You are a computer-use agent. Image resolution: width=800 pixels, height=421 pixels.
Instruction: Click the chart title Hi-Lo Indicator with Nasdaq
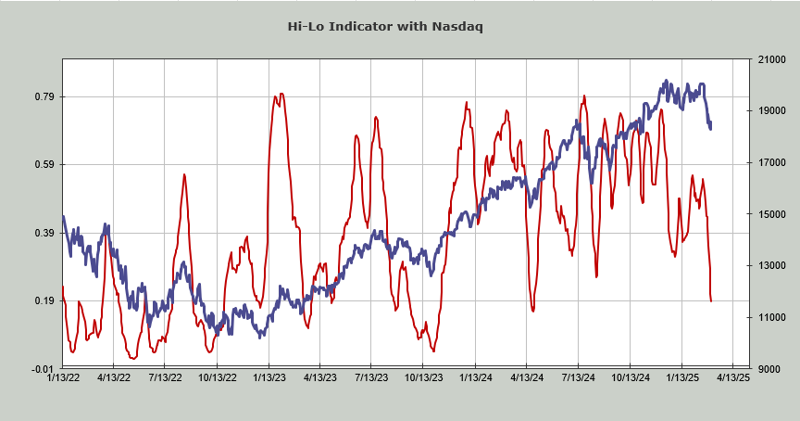tap(385, 26)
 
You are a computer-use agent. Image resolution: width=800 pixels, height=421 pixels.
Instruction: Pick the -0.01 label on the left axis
tap(44, 369)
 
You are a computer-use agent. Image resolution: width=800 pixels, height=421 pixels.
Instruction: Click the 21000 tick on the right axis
tap(772, 59)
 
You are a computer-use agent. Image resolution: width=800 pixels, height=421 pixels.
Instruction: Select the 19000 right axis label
tap(772, 111)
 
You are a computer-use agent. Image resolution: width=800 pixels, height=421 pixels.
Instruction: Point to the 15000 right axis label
tap(772, 214)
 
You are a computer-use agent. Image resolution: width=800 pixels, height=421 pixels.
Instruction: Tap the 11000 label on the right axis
tap(772, 317)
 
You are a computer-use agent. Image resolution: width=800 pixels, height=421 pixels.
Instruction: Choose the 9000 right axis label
tap(769, 369)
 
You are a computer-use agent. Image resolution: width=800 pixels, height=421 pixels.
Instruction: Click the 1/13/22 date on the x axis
tap(62, 378)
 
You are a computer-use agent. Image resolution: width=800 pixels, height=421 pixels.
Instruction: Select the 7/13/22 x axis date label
tap(165, 378)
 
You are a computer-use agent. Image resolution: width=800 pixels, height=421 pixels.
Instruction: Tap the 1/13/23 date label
tap(269, 378)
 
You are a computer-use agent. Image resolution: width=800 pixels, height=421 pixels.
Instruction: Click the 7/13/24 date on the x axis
tap(578, 378)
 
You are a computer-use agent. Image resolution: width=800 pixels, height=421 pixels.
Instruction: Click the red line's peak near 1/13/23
tap(281, 94)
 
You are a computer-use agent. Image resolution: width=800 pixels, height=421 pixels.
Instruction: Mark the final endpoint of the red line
tap(711, 300)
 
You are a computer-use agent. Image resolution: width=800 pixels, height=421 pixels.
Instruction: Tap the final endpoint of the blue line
tap(710, 127)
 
